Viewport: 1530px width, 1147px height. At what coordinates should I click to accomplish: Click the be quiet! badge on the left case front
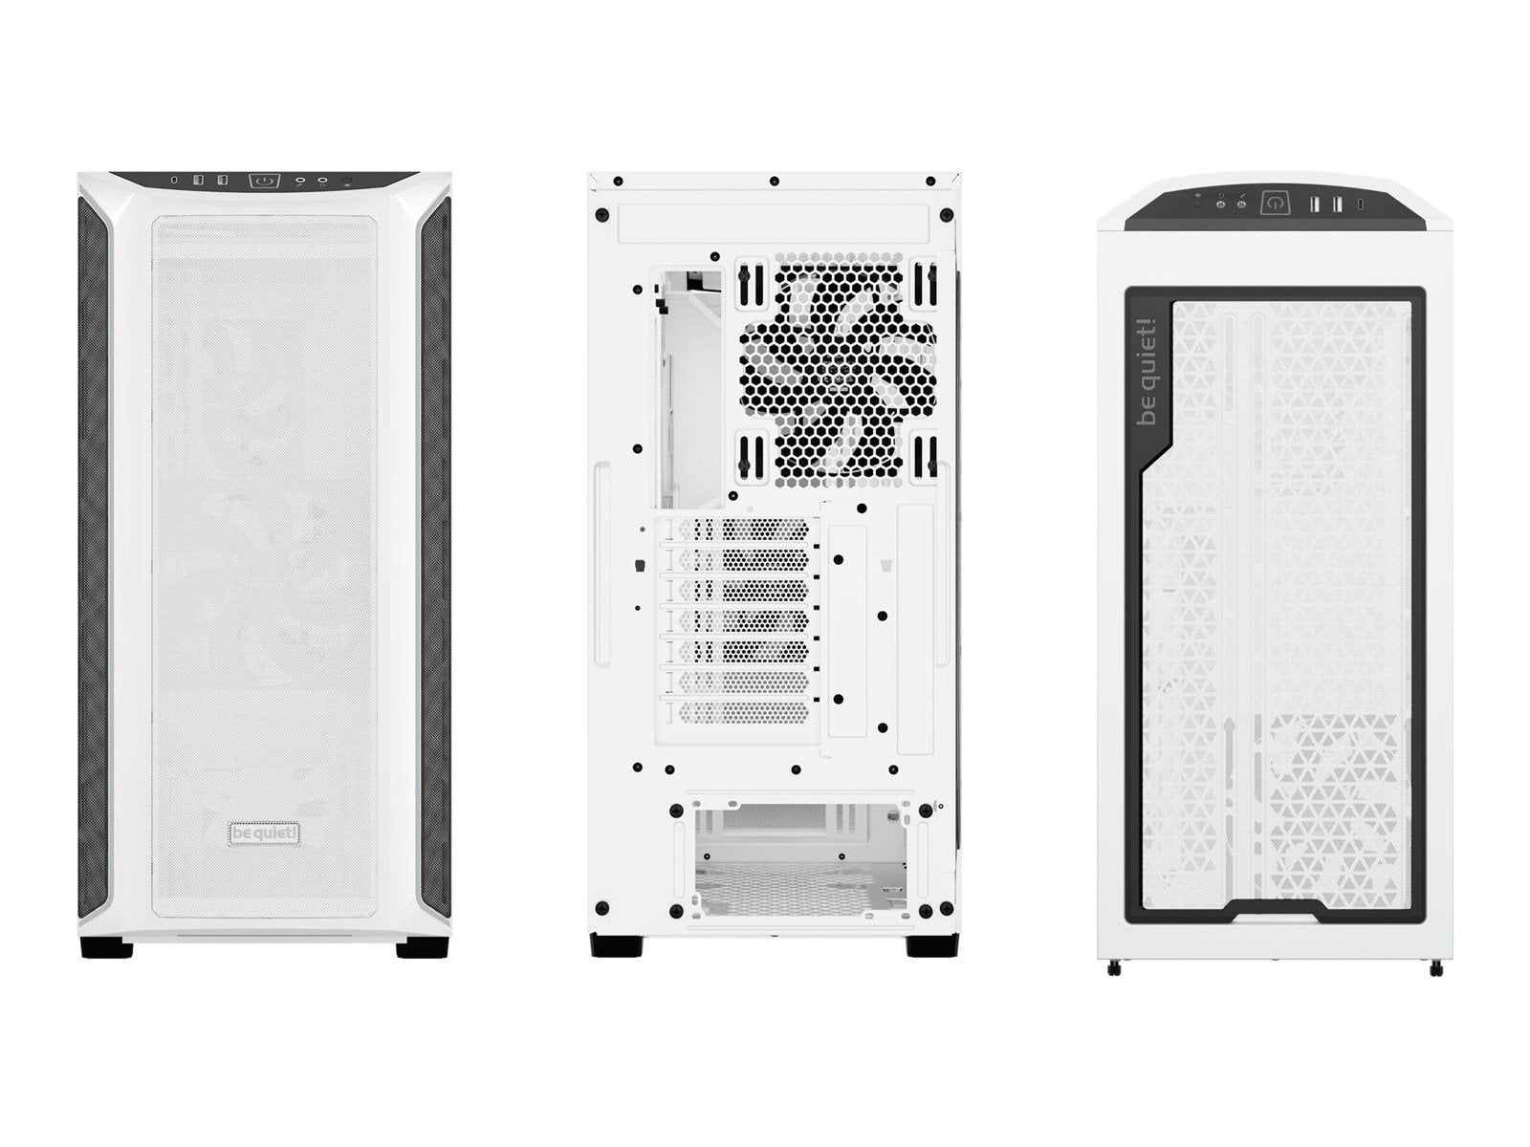coord(265,833)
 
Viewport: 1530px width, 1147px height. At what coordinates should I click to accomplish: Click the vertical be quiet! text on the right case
coord(1147,372)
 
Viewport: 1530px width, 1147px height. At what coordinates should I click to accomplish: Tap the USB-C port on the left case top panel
coord(174,181)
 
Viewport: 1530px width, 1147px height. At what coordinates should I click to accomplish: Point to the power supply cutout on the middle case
coord(803,858)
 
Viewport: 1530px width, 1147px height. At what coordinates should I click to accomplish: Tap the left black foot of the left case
coord(107,948)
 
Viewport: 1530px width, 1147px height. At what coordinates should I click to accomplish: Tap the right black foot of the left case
coord(423,948)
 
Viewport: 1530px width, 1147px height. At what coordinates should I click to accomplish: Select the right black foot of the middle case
coord(932,945)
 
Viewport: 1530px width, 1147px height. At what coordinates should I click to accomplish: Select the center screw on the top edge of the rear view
coord(774,181)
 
